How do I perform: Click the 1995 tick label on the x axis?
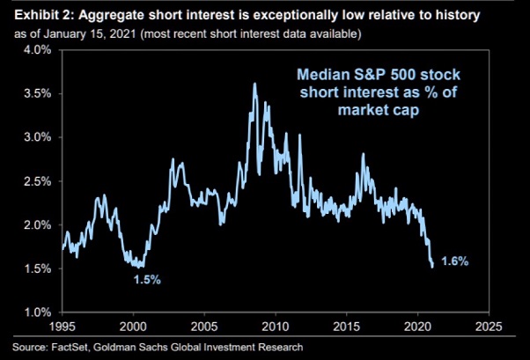pos(63,325)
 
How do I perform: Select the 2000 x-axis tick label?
pos(134,325)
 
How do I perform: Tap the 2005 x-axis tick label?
pos(204,325)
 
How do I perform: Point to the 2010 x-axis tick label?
pos(276,325)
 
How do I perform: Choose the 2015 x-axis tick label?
pos(346,325)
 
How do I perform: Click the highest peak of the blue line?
pos(254,84)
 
